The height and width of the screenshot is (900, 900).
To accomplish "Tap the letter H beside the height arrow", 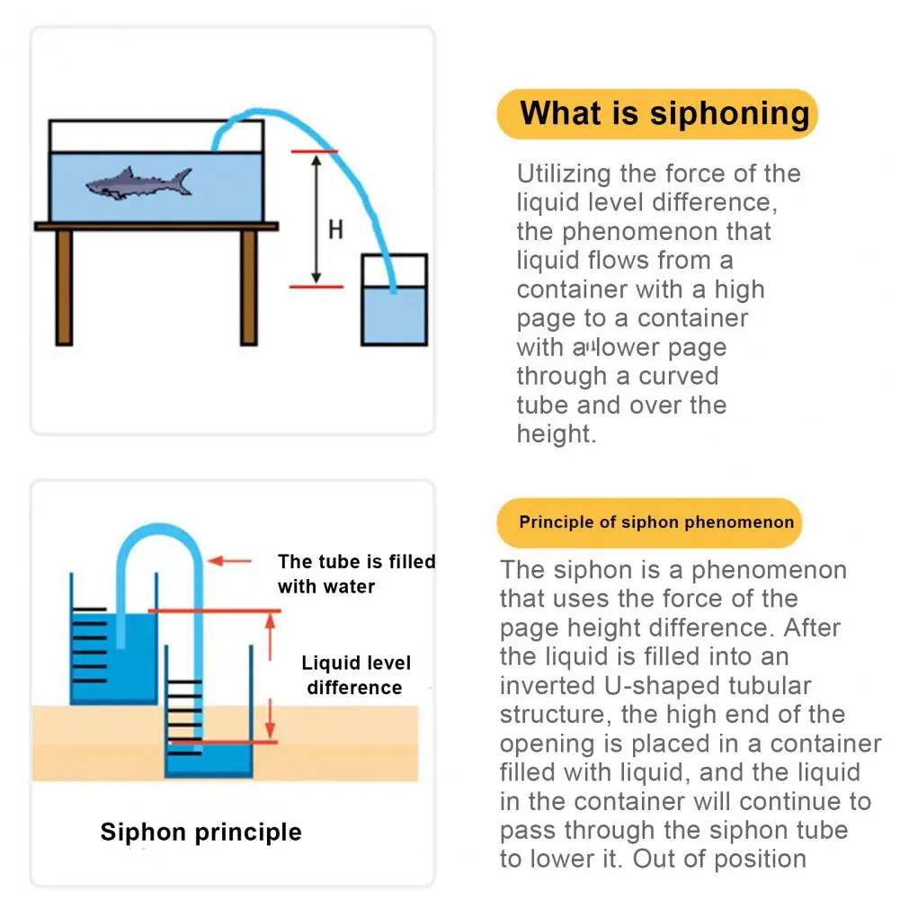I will point(335,230).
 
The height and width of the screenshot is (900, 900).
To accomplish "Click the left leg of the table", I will point(63,288).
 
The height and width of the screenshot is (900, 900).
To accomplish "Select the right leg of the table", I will point(249,288).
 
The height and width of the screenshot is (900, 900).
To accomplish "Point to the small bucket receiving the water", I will point(394,306).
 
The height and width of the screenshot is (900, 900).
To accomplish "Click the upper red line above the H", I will point(314,152).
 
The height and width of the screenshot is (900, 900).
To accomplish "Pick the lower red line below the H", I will point(316,287).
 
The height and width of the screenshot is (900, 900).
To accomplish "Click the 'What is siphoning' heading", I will point(664,114).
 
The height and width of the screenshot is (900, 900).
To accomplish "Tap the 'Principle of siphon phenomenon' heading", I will point(656,522).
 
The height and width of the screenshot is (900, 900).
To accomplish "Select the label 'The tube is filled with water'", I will point(356,574).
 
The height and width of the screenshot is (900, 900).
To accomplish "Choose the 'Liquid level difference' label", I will point(356,675).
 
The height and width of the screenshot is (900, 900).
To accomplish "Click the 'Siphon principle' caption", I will point(200,832).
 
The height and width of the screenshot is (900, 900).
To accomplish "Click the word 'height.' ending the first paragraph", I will point(557,434).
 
